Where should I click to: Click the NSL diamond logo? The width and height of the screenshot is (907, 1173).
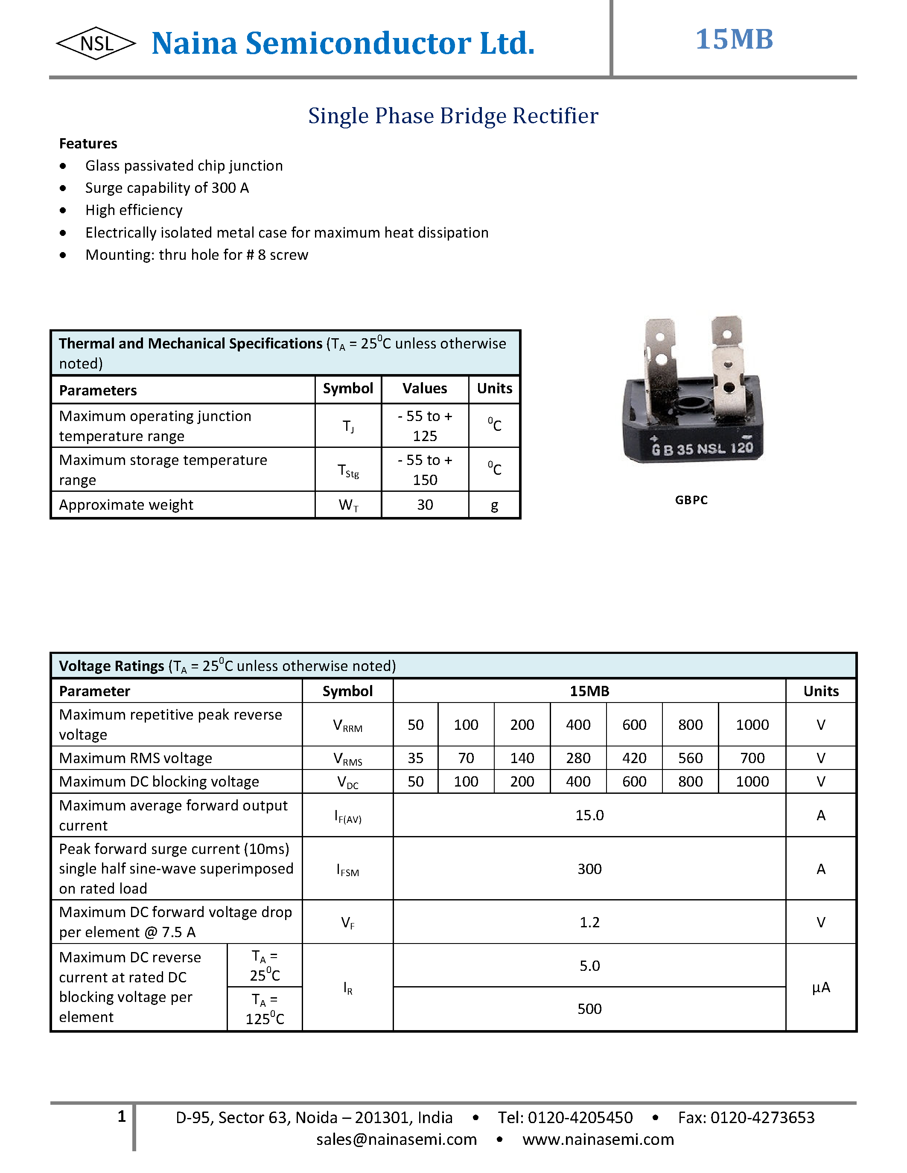click(x=96, y=43)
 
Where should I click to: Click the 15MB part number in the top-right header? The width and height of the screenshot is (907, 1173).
click(x=734, y=39)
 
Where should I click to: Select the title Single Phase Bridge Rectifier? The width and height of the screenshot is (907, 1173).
click(x=453, y=116)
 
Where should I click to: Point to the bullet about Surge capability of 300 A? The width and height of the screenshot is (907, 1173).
click(x=166, y=188)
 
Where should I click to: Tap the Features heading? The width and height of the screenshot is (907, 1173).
click(x=88, y=143)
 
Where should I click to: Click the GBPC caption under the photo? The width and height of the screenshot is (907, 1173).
click(x=691, y=500)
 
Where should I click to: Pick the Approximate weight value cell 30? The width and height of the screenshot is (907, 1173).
click(x=425, y=505)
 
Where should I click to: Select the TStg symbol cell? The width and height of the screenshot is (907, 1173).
click(x=348, y=470)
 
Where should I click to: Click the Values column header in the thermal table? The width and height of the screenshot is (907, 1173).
click(x=425, y=388)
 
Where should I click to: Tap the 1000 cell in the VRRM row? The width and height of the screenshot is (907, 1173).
click(x=752, y=725)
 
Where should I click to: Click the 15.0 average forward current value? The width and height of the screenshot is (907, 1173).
click(x=589, y=815)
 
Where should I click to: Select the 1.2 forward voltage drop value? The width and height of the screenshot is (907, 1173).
click(x=589, y=922)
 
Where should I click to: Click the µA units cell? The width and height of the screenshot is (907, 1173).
click(x=820, y=987)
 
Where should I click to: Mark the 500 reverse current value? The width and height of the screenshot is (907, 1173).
click(x=589, y=1009)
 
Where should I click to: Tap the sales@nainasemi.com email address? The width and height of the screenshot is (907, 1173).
click(x=396, y=1139)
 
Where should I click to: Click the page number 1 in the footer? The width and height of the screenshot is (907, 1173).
click(x=122, y=1116)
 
